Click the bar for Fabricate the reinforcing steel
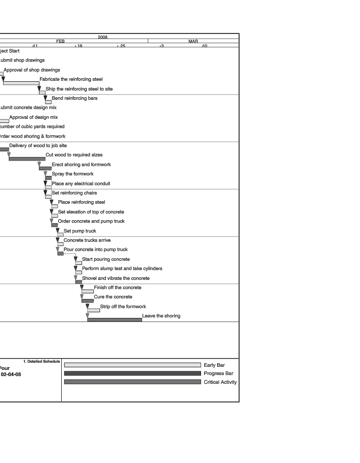21,83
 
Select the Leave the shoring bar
114,320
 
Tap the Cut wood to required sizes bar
27,159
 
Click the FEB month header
61,41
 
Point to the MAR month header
193,41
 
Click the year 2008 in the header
103,37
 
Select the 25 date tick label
122,46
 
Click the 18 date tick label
79,46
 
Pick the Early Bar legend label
214,365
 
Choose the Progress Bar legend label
218,373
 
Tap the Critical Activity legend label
220,382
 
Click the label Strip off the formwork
123,307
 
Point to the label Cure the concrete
113,297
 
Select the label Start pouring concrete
106,259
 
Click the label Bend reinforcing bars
75,98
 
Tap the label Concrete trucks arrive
87,240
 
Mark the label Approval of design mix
33,117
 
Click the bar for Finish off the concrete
87,292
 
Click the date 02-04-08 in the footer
11,375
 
